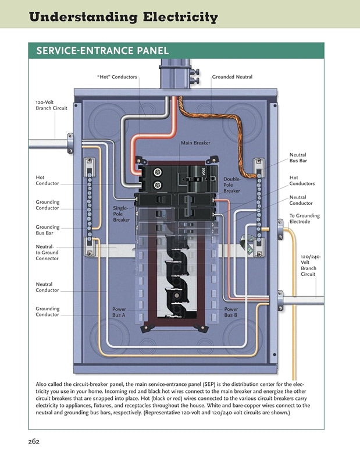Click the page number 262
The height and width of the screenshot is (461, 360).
(33, 442)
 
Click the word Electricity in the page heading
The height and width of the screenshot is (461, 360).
(173, 17)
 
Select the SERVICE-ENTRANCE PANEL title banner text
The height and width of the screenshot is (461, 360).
(102, 51)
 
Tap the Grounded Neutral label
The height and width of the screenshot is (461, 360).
(232, 77)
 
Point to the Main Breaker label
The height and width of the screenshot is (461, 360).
(195, 143)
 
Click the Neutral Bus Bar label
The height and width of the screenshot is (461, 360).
(298, 158)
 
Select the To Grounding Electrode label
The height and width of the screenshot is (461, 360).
(304, 218)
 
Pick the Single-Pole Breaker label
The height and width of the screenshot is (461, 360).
(121, 214)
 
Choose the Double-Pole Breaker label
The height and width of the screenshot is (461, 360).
(231, 185)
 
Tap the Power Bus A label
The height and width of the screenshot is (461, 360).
(119, 312)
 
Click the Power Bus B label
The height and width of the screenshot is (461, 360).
(231, 312)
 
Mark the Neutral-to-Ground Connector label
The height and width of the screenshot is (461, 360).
(47, 253)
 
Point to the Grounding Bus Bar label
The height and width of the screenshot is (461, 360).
(47, 230)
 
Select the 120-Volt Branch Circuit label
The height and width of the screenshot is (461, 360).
(51, 105)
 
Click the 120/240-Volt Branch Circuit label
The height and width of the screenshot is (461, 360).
(309, 265)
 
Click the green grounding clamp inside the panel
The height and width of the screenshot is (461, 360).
(247, 240)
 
